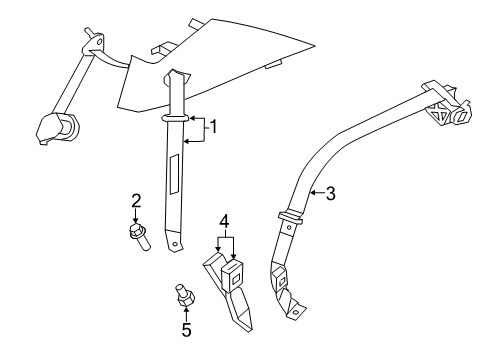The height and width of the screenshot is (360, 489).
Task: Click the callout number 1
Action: click(211, 127)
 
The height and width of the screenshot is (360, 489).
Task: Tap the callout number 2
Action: click(136, 200)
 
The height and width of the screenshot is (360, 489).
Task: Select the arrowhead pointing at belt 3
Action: click(310, 192)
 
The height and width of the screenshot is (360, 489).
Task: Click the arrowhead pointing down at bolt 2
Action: click(136, 219)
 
